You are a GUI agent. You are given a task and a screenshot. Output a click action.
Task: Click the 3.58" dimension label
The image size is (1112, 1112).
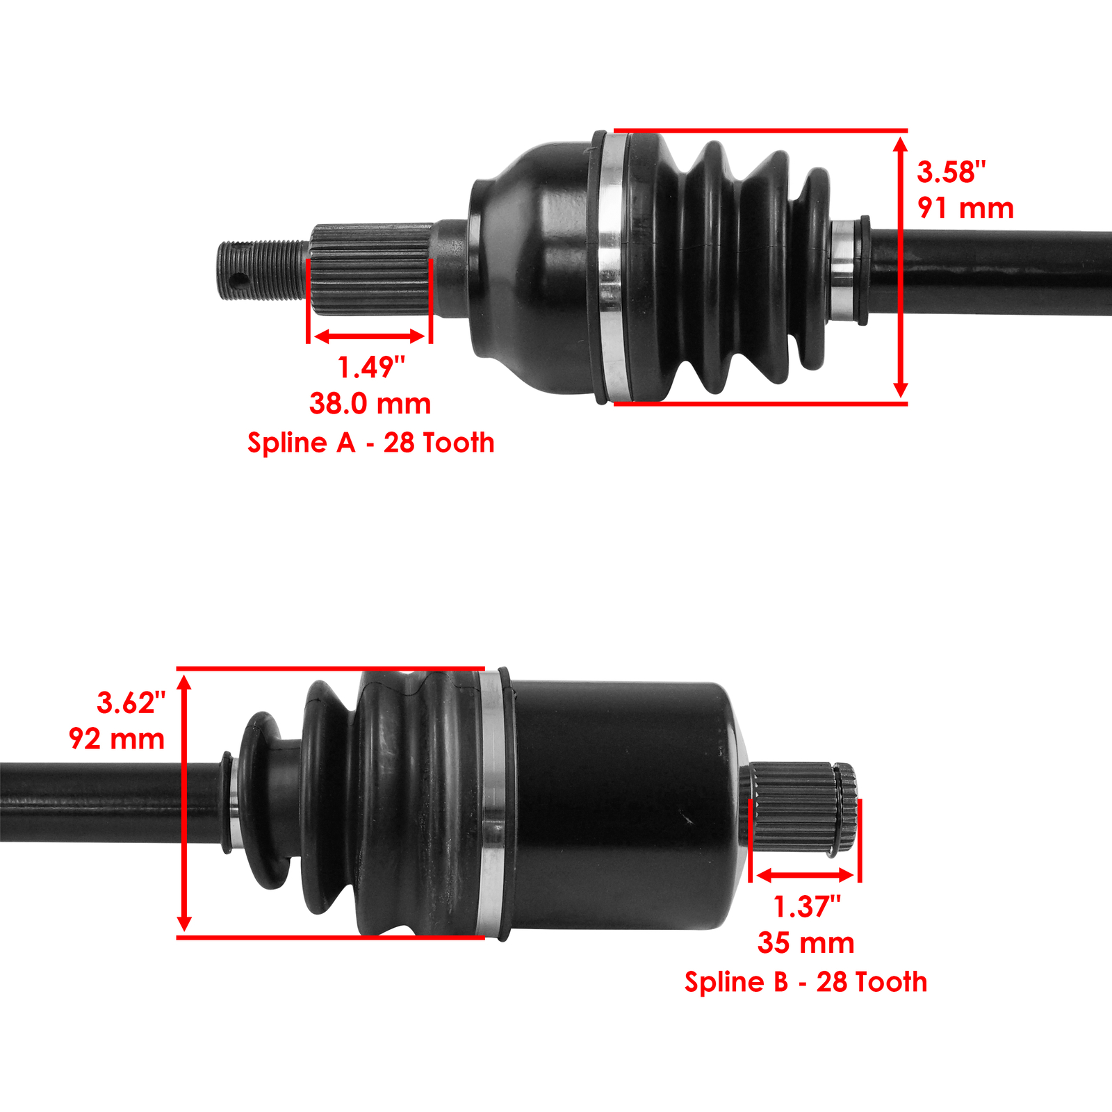click(x=951, y=172)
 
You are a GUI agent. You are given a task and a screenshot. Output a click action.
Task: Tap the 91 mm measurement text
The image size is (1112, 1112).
click(x=965, y=208)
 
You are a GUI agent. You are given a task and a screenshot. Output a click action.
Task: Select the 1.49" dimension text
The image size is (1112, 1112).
click(x=370, y=368)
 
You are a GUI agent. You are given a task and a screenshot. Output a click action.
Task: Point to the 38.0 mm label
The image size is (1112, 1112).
click(x=370, y=404)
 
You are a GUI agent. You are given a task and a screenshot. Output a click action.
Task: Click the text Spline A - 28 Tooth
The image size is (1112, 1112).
click(x=370, y=443)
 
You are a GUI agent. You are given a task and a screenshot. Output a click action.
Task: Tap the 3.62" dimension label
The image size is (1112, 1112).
click(x=131, y=703)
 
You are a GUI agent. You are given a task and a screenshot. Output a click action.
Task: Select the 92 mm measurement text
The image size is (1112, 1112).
click(x=117, y=739)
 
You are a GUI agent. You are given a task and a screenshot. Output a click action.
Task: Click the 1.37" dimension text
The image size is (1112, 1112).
click(x=806, y=907)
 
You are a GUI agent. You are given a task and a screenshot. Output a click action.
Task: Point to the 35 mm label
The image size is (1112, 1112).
click(x=806, y=943)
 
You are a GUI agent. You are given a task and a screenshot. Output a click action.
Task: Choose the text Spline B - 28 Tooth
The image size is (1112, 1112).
click(x=806, y=982)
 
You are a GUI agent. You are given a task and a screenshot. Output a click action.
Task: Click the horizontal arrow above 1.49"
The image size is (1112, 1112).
click(x=369, y=337)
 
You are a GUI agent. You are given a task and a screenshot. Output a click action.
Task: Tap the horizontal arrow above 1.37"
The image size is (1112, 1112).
click(x=805, y=875)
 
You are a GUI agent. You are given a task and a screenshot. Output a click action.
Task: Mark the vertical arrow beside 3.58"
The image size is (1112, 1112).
click(x=900, y=267)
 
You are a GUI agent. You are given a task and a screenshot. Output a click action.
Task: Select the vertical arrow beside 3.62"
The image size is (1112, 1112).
click(x=184, y=803)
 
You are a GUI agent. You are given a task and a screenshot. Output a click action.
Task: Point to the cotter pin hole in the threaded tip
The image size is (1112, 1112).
click(x=238, y=281)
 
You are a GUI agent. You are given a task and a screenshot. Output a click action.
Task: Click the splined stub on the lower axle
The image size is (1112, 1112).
click(x=799, y=806)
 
